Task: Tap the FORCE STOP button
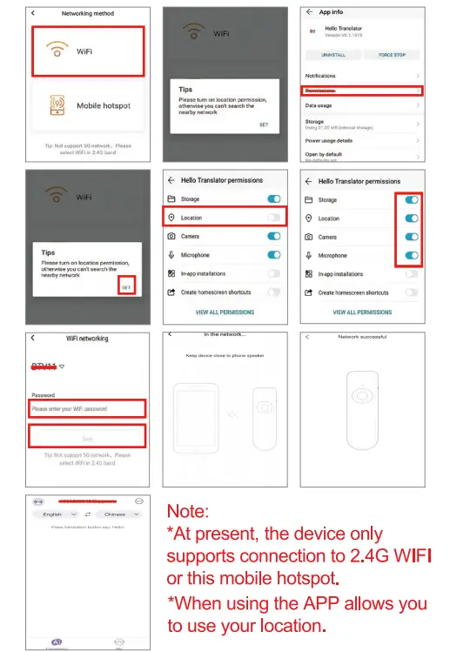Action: tap(392, 55)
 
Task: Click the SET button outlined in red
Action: tap(127, 287)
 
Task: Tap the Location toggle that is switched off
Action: tap(274, 218)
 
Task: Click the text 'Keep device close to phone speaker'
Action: tap(225, 355)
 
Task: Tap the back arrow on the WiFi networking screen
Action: tap(32, 338)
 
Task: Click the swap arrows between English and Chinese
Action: tap(87, 514)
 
